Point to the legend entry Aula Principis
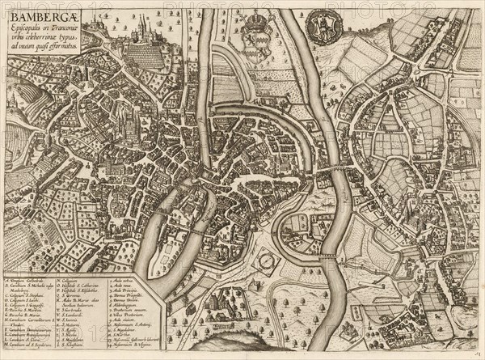tap(120, 290)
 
